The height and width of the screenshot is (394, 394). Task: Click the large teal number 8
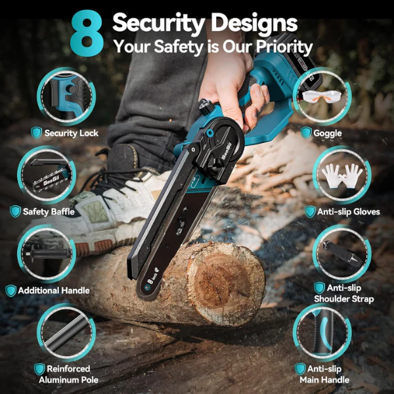click(x=87, y=33)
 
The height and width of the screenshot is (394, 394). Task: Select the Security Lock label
click(x=71, y=133)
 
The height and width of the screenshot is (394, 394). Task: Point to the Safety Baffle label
click(x=48, y=211)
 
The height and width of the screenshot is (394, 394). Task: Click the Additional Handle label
click(x=53, y=290)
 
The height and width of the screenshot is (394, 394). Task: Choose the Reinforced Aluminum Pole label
click(x=63, y=374)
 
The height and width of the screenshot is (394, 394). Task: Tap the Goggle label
click(x=327, y=133)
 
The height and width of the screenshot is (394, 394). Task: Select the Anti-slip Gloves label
click(x=348, y=211)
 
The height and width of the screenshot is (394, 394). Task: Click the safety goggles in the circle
click(x=322, y=96)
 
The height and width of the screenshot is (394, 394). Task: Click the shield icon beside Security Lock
click(x=37, y=133)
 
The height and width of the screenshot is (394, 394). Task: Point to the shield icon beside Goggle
click(x=306, y=133)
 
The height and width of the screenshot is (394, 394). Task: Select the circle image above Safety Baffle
click(x=45, y=174)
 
